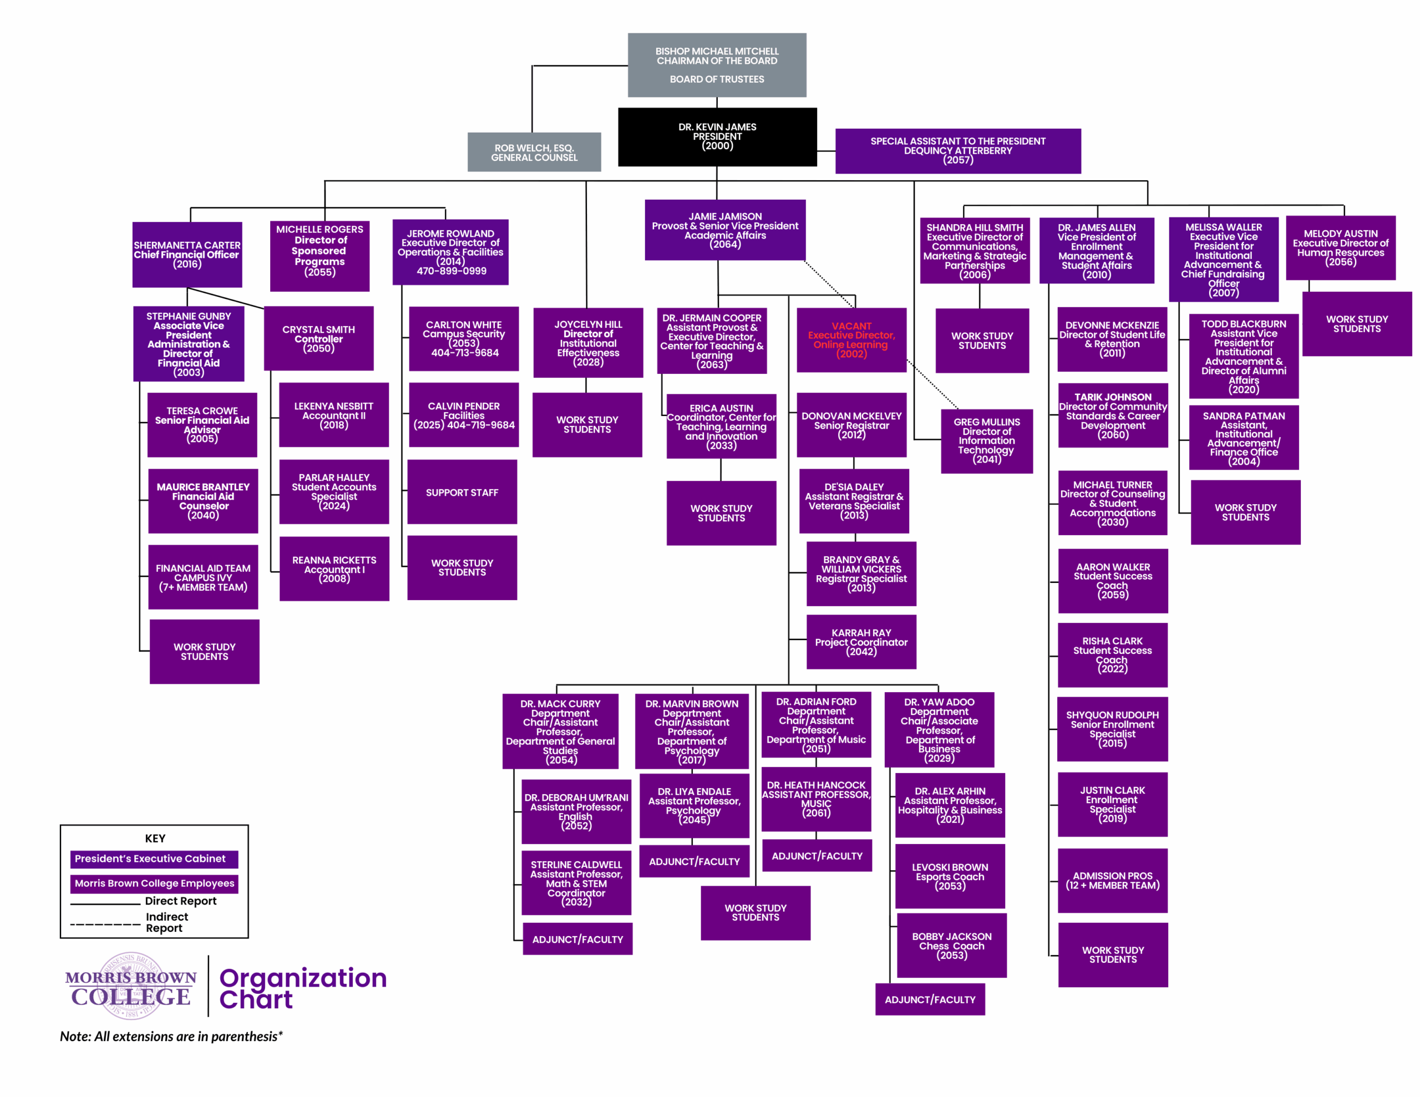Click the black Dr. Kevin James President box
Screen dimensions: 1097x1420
pos(717,136)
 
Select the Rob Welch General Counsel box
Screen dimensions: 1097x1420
pos(534,152)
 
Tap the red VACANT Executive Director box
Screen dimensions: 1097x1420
pos(851,340)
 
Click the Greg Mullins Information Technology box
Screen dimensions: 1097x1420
pos(986,441)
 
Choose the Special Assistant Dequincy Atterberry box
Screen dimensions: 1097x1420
pos(958,151)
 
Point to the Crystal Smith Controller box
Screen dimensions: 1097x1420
pos(318,338)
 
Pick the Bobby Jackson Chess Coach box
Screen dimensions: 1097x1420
pos(951,946)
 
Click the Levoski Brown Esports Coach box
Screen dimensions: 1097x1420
pos(950,876)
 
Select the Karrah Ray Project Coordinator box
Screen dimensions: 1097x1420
pos(861,642)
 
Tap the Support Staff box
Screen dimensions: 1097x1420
pos(461,492)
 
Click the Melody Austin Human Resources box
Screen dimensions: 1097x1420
pos(1340,248)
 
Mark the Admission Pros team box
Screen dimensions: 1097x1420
pos(1113,881)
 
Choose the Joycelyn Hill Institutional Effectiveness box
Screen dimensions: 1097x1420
pos(588,343)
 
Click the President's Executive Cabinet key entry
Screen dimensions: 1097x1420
pos(154,859)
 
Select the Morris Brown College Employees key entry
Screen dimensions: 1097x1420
pos(154,883)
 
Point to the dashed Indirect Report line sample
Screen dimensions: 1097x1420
pos(105,924)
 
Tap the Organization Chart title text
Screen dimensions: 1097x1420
pos(303,988)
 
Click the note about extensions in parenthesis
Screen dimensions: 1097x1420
pos(171,1037)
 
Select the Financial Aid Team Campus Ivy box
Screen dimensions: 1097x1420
pos(203,577)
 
